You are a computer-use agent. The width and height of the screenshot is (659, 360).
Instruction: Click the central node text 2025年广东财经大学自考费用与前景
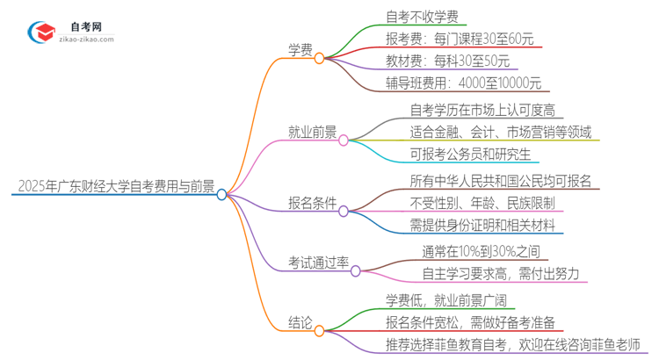113,185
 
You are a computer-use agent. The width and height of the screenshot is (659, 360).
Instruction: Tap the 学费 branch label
299,49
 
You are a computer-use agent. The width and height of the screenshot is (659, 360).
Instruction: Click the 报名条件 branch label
311,202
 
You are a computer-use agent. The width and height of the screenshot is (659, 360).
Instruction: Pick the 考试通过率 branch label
318,263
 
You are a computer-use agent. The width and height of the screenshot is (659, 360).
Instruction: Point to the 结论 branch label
299,322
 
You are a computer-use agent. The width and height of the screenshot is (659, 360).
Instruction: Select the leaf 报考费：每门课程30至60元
459,40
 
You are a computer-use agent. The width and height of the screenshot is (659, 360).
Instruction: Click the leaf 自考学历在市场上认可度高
487,110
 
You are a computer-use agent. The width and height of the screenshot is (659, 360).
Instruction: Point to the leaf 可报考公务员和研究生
469,154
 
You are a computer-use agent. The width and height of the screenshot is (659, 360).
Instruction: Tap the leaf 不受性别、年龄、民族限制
482,202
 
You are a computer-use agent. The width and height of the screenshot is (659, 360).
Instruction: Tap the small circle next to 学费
320,58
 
